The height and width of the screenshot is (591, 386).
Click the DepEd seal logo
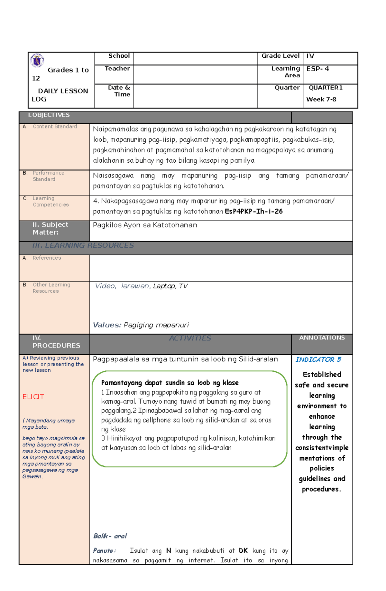click(x=37, y=60)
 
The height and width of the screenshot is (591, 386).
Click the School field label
click(x=119, y=56)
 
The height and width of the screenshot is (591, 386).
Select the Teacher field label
click(x=117, y=68)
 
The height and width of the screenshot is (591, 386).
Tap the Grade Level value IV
click(x=310, y=56)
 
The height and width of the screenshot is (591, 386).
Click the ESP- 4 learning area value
click(x=317, y=69)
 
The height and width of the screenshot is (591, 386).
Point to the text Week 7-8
click(x=321, y=99)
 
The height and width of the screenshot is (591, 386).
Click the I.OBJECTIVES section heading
click(x=49, y=115)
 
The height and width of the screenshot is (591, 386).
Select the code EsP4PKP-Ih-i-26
click(x=253, y=211)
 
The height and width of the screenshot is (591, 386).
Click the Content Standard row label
click(x=55, y=127)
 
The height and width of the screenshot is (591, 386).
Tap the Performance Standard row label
click(x=48, y=176)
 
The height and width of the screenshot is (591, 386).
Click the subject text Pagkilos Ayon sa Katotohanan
click(x=145, y=225)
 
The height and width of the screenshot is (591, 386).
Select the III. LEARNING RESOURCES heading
click(x=83, y=245)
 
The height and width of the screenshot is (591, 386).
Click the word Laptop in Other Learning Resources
click(x=164, y=286)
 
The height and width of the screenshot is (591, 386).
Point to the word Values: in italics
click(x=107, y=325)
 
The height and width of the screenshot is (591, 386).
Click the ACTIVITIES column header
click(x=190, y=338)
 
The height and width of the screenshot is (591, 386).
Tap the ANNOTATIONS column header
click(x=322, y=338)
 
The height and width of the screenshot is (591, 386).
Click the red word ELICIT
click(x=33, y=397)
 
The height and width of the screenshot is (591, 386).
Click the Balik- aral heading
click(x=110, y=536)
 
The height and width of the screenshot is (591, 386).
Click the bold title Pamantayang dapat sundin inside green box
click(x=170, y=383)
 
